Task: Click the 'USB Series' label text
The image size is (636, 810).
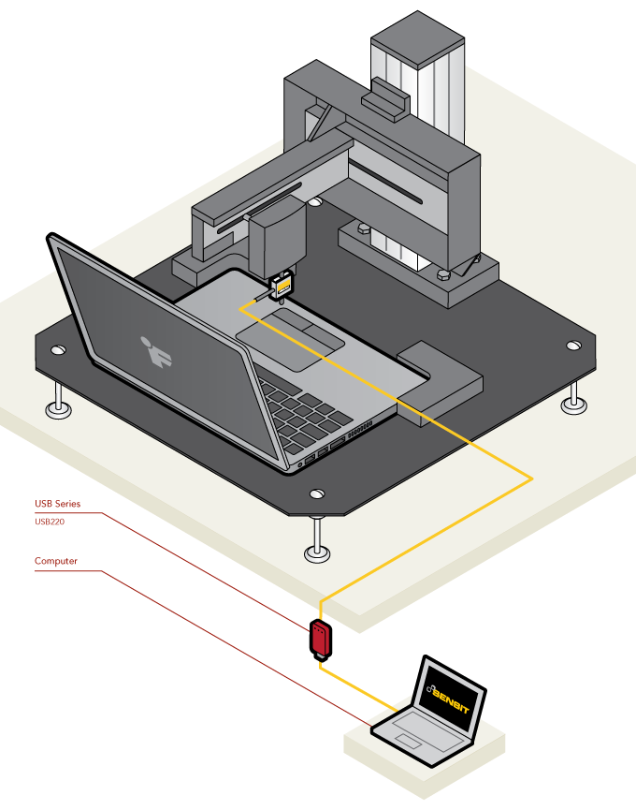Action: [x=57, y=504]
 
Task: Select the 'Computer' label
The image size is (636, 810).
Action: [x=56, y=562]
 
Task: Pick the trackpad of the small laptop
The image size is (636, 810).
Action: [x=409, y=741]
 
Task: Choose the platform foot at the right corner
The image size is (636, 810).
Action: [x=574, y=401]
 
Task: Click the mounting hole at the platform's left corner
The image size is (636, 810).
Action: [x=57, y=350]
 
